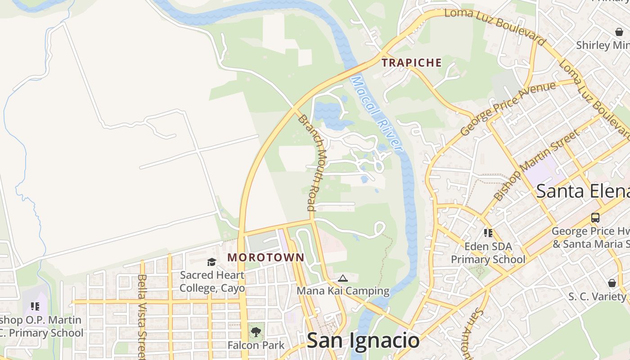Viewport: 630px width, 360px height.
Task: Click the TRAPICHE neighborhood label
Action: (x=412, y=63)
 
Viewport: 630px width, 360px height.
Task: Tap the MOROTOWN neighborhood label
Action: (x=266, y=258)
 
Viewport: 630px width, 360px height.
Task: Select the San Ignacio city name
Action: (x=363, y=341)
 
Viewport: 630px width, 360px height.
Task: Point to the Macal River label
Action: (x=376, y=113)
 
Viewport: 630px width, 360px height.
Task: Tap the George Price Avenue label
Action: (x=508, y=108)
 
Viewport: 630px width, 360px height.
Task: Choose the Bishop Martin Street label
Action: (x=537, y=165)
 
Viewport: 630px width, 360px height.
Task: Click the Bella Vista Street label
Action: (x=142, y=315)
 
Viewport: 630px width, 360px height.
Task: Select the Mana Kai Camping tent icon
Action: (x=342, y=279)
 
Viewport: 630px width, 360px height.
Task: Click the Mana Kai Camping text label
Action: (x=343, y=291)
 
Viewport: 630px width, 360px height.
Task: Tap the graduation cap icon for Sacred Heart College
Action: (x=211, y=262)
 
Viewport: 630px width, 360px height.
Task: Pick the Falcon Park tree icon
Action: (x=256, y=333)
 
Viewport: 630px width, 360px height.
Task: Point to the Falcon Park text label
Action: (x=256, y=345)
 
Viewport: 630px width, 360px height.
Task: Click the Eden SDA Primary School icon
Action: (x=488, y=233)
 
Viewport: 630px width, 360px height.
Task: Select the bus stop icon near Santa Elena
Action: (x=595, y=218)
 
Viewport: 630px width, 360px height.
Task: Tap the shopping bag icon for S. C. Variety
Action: (x=612, y=283)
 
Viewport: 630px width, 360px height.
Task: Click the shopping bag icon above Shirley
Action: (x=619, y=32)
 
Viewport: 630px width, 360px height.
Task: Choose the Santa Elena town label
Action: (x=583, y=191)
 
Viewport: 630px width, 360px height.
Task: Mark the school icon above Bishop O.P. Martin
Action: (x=35, y=306)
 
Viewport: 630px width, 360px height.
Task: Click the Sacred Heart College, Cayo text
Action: (x=212, y=281)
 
